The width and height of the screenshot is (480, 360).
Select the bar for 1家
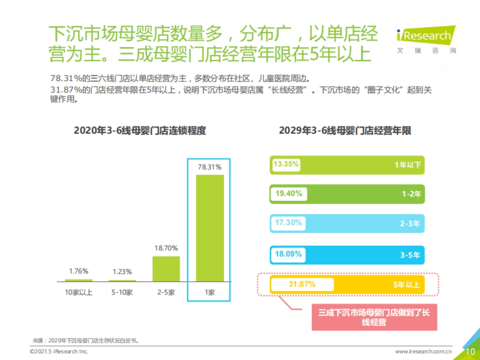(209, 228)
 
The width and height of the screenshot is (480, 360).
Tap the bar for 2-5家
(166, 269)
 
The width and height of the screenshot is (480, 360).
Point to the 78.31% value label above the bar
(209, 167)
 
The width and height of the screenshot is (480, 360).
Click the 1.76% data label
(78, 271)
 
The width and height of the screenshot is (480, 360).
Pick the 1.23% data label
(122, 272)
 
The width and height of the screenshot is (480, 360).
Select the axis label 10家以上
(78, 292)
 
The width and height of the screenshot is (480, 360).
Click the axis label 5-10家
(122, 292)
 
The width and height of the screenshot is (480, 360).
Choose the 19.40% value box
(288, 194)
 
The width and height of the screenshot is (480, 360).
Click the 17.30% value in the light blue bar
(288, 223)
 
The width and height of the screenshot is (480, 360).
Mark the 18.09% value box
(288, 254)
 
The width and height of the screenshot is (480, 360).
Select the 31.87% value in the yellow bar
(302, 284)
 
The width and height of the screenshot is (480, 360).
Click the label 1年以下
(408, 165)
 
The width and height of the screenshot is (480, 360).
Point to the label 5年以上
(406, 285)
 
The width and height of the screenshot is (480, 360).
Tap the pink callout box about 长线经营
(374, 317)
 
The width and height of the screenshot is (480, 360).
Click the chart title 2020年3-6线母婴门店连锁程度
(140, 131)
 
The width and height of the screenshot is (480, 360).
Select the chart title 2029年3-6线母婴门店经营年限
(345, 131)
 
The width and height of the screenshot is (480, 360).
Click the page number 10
(470, 351)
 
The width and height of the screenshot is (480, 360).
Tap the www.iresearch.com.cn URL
(423, 352)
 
